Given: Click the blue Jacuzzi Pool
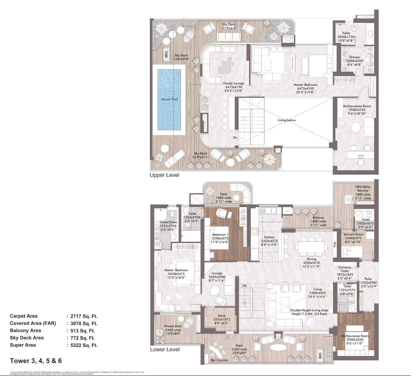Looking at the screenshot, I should click(169, 99).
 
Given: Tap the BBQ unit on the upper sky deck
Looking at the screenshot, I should click(166, 54).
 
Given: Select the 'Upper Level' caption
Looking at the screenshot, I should click(164, 175).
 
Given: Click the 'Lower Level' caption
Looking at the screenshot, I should click(165, 350).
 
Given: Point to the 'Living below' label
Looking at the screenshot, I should click(287, 120).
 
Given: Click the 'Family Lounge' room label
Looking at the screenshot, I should click(234, 83).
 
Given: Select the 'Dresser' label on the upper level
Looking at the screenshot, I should click(355, 57).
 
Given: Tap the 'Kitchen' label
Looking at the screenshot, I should click(269, 237).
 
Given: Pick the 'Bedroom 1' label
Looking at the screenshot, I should click(220, 235).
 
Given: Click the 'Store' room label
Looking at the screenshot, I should click(222, 316).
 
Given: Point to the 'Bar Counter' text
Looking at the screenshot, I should click(219, 360).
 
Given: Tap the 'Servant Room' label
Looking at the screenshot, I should click(353, 234).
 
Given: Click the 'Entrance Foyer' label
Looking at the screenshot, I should click(345, 269).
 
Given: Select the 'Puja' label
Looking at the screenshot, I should click(335, 244).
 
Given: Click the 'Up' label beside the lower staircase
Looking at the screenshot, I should click(244, 285).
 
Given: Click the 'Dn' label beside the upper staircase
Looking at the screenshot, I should click(235, 138).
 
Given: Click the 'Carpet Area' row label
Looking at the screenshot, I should click(24, 316).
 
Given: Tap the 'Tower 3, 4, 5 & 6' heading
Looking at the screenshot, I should click(36, 361).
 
